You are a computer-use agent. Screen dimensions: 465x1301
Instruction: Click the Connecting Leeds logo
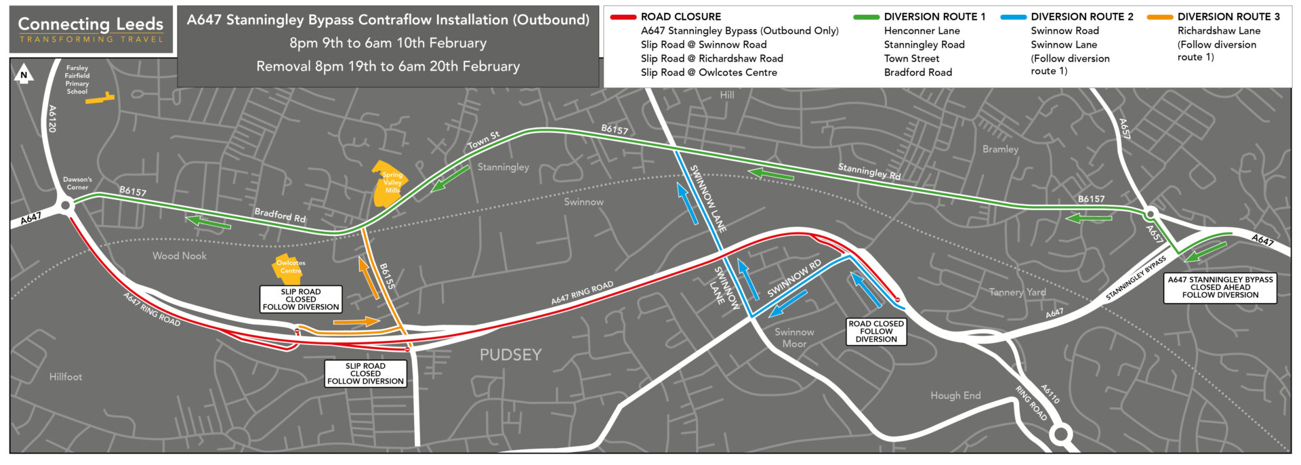click(x=91, y=30)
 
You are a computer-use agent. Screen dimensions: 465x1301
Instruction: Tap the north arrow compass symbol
click(x=24, y=74)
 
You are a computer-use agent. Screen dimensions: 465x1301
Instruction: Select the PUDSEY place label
click(x=510, y=355)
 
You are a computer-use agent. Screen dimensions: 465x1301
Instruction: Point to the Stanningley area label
click(x=503, y=167)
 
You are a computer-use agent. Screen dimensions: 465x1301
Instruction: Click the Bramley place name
click(x=1000, y=149)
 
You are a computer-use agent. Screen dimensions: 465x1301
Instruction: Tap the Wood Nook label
click(x=180, y=256)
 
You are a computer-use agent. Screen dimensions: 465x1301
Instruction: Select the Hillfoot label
click(x=66, y=377)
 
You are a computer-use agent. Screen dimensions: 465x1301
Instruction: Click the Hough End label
click(x=955, y=396)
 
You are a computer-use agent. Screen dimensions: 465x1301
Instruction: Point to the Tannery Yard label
click(x=1017, y=292)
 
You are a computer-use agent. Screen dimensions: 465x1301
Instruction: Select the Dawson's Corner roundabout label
click(x=77, y=184)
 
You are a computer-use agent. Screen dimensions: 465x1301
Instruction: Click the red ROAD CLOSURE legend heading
click(x=680, y=16)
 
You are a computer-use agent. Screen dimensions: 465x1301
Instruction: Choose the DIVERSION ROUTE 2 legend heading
click(x=1081, y=16)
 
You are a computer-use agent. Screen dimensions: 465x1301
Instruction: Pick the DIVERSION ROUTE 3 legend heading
click(x=1228, y=16)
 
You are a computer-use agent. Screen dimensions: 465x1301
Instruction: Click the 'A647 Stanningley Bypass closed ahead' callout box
click(x=1220, y=287)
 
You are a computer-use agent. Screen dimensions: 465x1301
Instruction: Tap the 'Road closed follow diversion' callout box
click(x=876, y=331)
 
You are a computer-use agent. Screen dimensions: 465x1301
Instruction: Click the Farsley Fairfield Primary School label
click(x=77, y=79)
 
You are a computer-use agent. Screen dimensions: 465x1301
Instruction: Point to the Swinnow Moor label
click(x=794, y=338)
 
